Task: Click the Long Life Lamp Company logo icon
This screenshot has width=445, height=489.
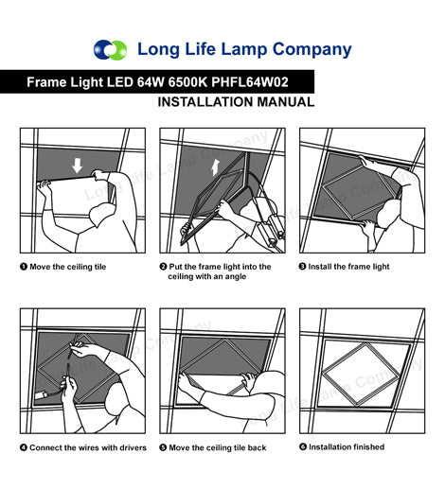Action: (110, 49)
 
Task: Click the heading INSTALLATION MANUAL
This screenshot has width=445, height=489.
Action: (236, 102)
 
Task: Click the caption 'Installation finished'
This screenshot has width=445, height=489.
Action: (347, 447)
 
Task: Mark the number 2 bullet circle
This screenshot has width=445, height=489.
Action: (163, 267)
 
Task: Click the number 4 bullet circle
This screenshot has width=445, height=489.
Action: (24, 447)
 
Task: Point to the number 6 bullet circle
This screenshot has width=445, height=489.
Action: (303, 447)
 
